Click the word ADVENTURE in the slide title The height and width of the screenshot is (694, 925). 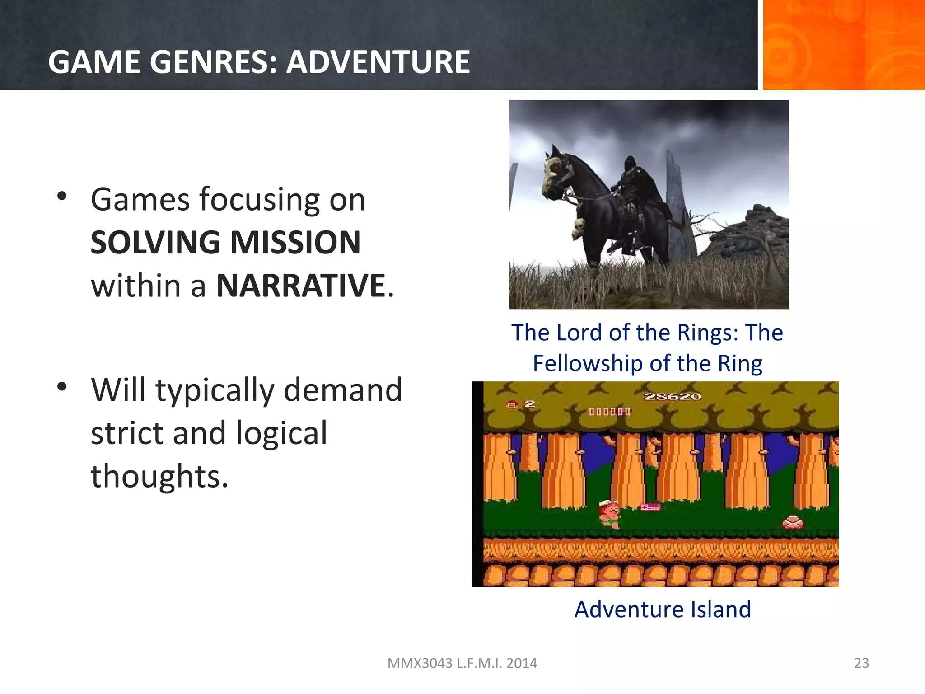(378, 62)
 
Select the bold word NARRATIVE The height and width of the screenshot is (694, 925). (301, 286)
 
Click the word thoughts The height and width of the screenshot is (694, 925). (159, 476)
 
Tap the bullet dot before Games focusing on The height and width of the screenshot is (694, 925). (62, 196)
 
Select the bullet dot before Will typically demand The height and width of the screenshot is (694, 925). (62, 387)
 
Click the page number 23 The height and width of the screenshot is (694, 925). (861, 663)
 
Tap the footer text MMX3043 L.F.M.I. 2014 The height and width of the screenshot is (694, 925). (462, 663)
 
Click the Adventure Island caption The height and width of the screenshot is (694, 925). (663, 609)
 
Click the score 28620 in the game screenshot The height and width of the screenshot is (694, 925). (673, 397)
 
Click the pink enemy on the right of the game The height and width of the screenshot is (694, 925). (793, 523)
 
